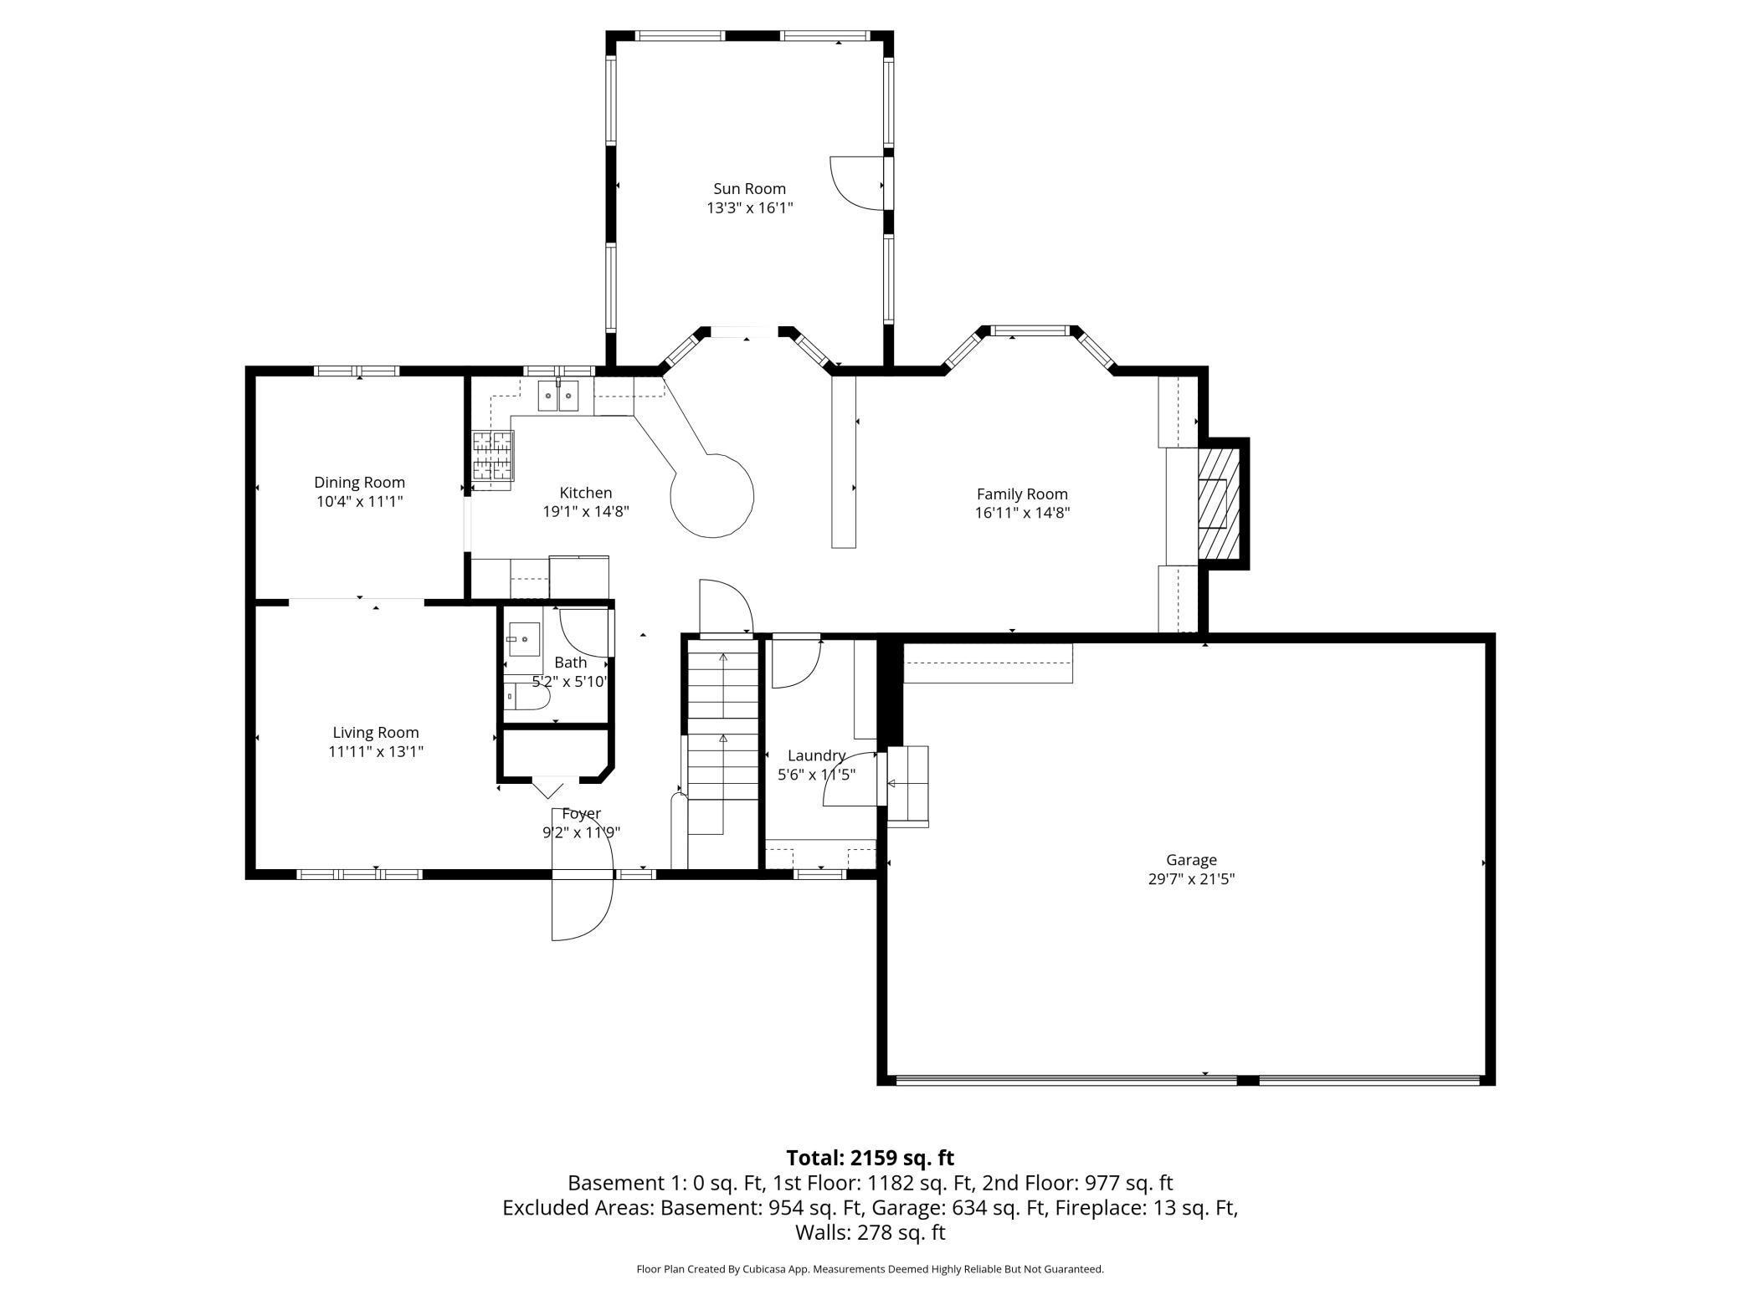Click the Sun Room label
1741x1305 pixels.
click(749, 189)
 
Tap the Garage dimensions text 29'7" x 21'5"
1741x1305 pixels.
click(1191, 879)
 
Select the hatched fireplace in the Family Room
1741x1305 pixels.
click(1218, 503)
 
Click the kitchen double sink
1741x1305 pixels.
click(558, 396)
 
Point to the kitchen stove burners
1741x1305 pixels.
click(492, 455)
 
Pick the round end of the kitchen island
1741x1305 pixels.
click(712, 496)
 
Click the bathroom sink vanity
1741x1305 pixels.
click(523, 640)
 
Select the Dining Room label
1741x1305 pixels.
click(359, 483)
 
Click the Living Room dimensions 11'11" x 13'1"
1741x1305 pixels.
click(376, 752)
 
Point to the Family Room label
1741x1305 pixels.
click(1022, 494)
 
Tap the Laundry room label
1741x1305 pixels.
click(816, 756)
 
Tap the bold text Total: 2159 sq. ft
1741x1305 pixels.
click(870, 1158)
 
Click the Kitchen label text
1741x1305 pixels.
click(586, 494)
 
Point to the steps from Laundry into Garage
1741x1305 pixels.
click(907, 786)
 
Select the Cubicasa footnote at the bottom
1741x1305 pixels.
click(870, 1269)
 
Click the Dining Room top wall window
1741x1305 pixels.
click(357, 371)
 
